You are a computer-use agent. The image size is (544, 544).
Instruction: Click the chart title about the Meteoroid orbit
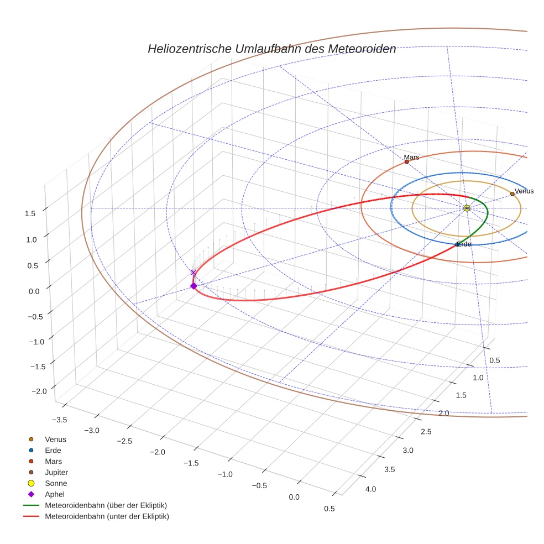(x=271, y=49)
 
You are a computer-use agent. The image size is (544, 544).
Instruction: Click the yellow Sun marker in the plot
(x=467, y=208)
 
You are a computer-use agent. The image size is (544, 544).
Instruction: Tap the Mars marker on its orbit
(x=406, y=162)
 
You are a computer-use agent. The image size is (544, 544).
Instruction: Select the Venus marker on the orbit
(x=512, y=194)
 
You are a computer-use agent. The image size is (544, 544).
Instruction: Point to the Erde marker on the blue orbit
(x=457, y=244)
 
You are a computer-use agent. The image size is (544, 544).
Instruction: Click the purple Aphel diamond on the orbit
(x=193, y=286)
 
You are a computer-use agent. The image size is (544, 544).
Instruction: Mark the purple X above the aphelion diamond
(x=193, y=273)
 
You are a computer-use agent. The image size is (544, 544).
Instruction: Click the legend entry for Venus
(x=55, y=440)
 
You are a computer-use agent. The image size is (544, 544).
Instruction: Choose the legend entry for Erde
(x=53, y=451)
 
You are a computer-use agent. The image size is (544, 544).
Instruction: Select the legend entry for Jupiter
(x=56, y=473)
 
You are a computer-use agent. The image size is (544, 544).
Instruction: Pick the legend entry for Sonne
(x=56, y=484)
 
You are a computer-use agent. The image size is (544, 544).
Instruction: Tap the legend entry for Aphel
(x=54, y=495)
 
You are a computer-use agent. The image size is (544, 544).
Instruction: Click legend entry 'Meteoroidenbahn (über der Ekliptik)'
(x=106, y=506)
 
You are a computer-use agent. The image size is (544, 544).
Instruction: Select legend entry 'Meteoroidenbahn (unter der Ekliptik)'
(x=107, y=517)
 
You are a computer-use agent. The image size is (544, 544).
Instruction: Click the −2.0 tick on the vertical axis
(x=39, y=391)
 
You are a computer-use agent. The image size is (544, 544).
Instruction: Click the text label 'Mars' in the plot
(x=411, y=158)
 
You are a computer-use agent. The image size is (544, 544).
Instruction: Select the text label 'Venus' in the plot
(x=524, y=191)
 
